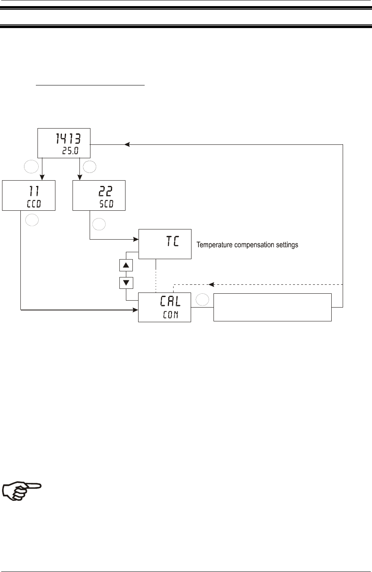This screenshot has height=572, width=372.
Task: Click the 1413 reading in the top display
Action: (x=68, y=138)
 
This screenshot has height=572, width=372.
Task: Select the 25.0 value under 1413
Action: (x=70, y=151)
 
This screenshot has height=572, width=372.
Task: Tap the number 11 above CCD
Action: (x=34, y=191)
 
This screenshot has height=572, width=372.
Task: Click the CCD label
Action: (x=34, y=204)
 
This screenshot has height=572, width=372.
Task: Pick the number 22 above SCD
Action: (x=106, y=191)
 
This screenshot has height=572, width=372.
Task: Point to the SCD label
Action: (x=106, y=204)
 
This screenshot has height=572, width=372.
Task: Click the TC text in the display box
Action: (x=173, y=241)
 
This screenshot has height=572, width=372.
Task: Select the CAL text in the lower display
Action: (x=171, y=301)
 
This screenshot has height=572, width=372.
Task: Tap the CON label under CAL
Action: (x=171, y=314)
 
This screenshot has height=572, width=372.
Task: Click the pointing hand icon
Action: (x=22, y=491)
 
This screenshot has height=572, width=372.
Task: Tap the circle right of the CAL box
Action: (x=202, y=299)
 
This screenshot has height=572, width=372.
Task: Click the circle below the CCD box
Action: (x=32, y=220)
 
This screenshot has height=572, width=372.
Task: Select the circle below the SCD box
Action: (x=99, y=224)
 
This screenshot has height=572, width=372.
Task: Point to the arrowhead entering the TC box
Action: (x=136, y=239)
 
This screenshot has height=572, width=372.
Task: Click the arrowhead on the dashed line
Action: (x=211, y=284)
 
